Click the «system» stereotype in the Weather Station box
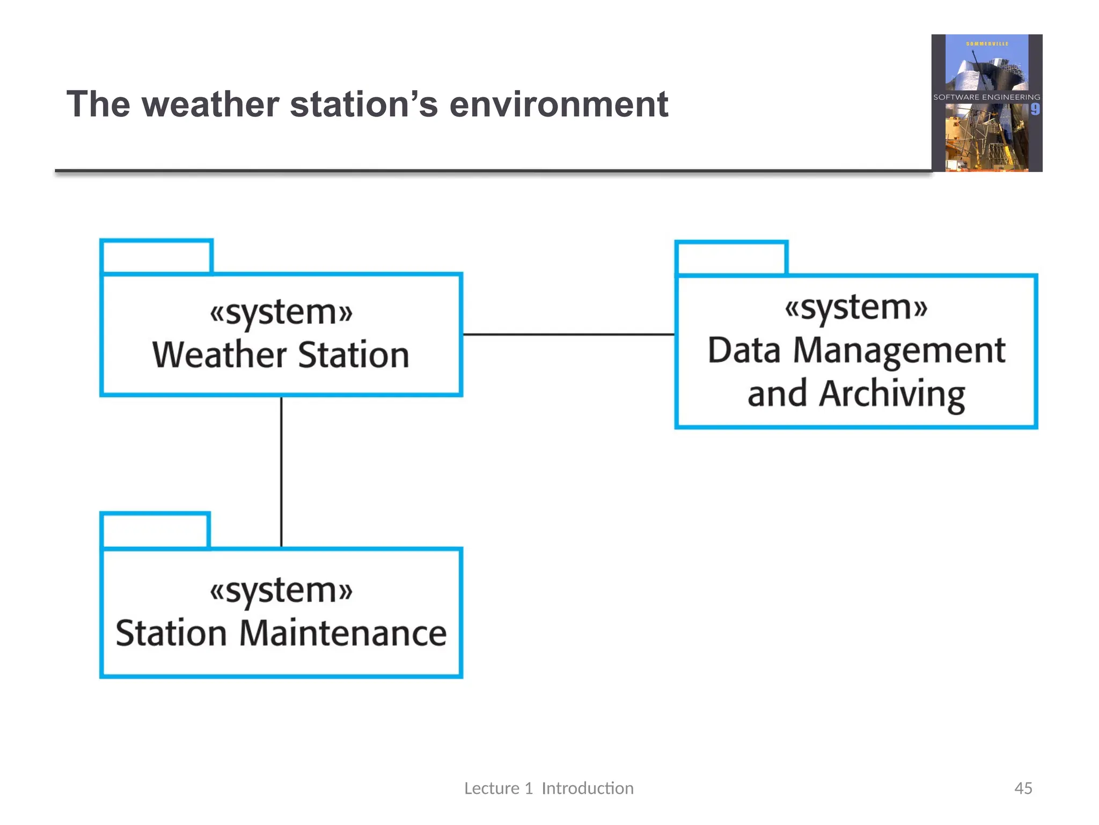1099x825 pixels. coord(281,312)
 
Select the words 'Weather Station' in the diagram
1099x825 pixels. coord(281,355)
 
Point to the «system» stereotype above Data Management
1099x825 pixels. coord(856,307)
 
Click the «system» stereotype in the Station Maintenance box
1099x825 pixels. coord(281,590)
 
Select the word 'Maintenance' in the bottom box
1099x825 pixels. coord(342,633)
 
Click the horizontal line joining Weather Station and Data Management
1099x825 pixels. coord(568,335)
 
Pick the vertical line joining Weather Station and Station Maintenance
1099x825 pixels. coord(281,473)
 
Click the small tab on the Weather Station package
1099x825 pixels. coord(157,257)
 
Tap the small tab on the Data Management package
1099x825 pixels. coord(731,258)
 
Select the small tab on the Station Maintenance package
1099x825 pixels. coord(155,531)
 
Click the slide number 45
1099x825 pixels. coord(1023,788)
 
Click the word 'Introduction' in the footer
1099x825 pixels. coord(588,788)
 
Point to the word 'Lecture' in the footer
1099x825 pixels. coord(492,788)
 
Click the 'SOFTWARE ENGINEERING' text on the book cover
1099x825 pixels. coord(986,97)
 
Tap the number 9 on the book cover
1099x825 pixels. coord(1035,110)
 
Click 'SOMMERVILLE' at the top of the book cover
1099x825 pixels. coord(987,44)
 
